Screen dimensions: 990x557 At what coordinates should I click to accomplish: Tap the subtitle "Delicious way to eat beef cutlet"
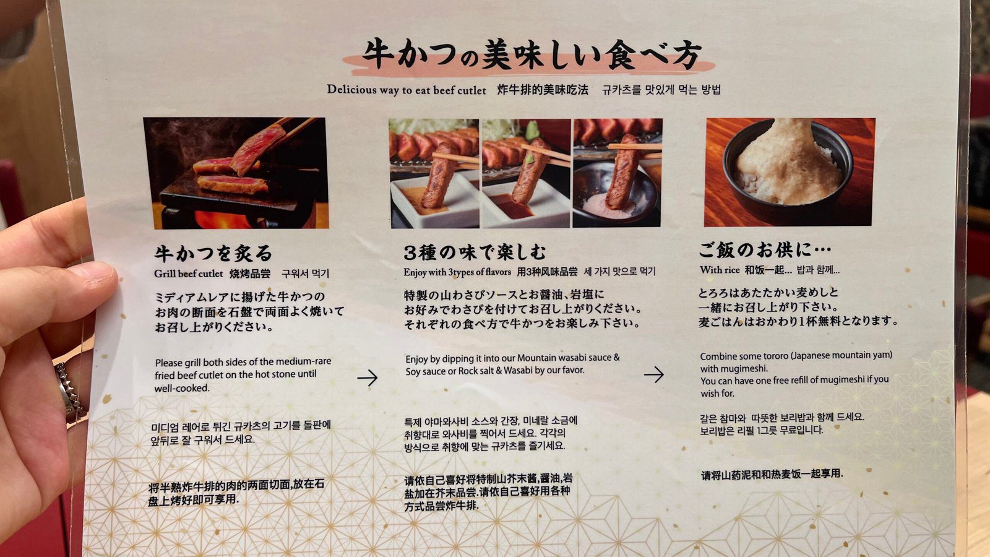tap(407, 90)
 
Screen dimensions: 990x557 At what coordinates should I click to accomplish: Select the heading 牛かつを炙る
tap(213, 253)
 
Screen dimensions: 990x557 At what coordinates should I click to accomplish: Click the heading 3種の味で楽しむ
tap(475, 252)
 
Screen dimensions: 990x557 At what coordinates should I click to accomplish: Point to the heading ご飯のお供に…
tap(765, 250)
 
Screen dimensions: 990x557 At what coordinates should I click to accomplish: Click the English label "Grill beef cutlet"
tap(188, 274)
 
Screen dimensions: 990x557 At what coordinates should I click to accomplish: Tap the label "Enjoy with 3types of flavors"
tap(457, 272)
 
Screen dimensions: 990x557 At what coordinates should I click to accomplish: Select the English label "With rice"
tap(720, 270)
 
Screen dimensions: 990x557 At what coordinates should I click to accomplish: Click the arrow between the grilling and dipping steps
tap(368, 378)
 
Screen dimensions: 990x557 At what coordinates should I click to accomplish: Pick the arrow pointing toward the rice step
tap(653, 374)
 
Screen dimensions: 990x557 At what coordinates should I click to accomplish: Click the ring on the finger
tap(70, 391)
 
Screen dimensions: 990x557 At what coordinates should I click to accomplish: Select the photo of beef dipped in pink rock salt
tap(617, 173)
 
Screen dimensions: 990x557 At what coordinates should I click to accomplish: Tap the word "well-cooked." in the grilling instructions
tap(182, 388)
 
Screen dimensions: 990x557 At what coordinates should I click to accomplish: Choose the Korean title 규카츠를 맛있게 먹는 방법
tap(661, 90)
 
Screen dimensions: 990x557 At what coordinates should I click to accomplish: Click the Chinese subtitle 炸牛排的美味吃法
tap(543, 90)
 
